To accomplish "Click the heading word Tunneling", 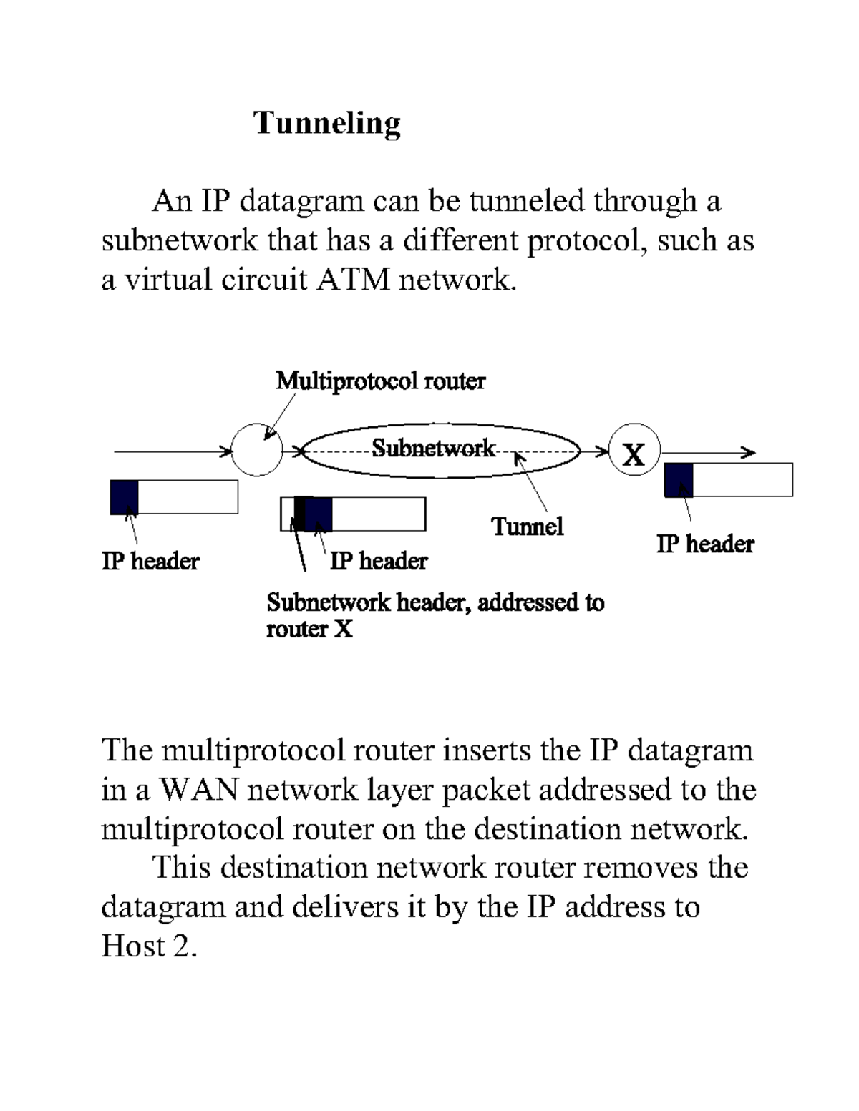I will [327, 123].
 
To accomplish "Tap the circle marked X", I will [634, 451].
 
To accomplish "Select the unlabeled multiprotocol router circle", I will [257, 451].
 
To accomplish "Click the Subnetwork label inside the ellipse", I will [433, 449].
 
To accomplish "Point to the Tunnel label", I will [528, 527].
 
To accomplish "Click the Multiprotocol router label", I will [380, 381].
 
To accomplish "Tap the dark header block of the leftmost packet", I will [125, 497].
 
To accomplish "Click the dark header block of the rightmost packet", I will [679, 480].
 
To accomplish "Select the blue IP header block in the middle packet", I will [319, 514].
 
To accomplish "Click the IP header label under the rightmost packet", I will [705, 544].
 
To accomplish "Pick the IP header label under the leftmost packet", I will [150, 561].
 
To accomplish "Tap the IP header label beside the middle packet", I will [379, 561].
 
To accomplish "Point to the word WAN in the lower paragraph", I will [198, 790].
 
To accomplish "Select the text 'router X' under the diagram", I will [309, 630].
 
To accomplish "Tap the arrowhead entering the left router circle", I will [227, 451].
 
